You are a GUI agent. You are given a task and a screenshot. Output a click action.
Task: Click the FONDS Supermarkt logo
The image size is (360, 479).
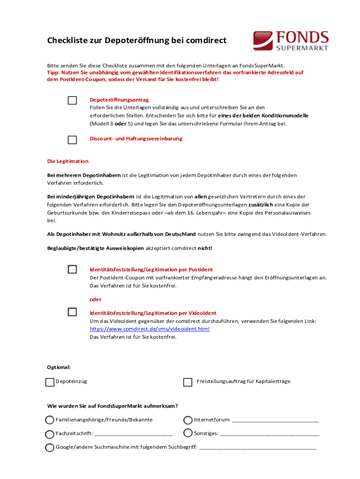[x=291, y=41]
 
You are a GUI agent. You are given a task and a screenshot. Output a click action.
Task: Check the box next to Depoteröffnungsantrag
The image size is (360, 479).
[x=72, y=101]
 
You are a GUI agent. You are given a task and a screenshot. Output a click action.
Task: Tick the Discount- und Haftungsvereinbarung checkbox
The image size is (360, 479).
[x=72, y=139]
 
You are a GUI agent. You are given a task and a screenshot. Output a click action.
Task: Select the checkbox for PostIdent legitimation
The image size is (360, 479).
[x=72, y=269]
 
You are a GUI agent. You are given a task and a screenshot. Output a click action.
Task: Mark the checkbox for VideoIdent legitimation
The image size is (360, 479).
[x=72, y=312]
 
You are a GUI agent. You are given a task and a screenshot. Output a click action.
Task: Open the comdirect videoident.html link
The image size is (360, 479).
[x=149, y=329]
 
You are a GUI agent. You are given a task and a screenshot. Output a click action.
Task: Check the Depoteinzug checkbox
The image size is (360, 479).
[x=50, y=382]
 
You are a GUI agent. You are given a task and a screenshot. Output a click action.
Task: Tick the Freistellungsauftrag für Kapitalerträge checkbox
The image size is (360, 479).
[x=187, y=382]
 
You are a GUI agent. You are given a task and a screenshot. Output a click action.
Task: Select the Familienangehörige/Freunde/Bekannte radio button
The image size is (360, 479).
[x=50, y=420]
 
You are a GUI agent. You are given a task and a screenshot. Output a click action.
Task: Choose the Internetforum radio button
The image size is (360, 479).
[x=187, y=420]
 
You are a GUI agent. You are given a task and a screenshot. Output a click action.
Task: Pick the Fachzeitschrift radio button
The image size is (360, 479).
[x=50, y=434]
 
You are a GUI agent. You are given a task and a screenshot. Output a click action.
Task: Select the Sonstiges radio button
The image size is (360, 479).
[x=187, y=434]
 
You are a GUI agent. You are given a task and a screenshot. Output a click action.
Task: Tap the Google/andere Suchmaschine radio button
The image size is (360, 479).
[x=50, y=447]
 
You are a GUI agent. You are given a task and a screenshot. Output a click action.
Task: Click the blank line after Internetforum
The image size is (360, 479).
[x=275, y=421]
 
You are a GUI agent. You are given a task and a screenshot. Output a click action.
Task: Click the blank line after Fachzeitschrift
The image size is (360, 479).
[x=133, y=435]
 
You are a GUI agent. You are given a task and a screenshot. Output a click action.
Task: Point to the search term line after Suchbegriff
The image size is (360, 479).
[x=258, y=448]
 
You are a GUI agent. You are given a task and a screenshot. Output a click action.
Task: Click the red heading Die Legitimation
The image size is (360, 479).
[x=68, y=161]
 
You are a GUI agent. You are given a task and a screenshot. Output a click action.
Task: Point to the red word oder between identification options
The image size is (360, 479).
[x=95, y=299]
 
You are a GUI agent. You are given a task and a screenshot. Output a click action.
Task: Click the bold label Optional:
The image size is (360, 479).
[x=59, y=367]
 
